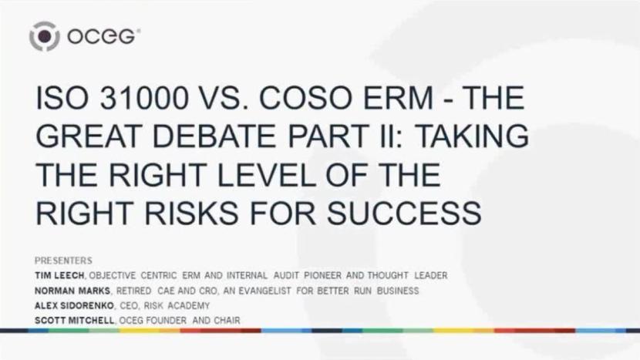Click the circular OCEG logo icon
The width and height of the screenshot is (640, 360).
[x=44, y=35]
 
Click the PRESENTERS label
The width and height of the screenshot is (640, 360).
[x=63, y=261]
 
